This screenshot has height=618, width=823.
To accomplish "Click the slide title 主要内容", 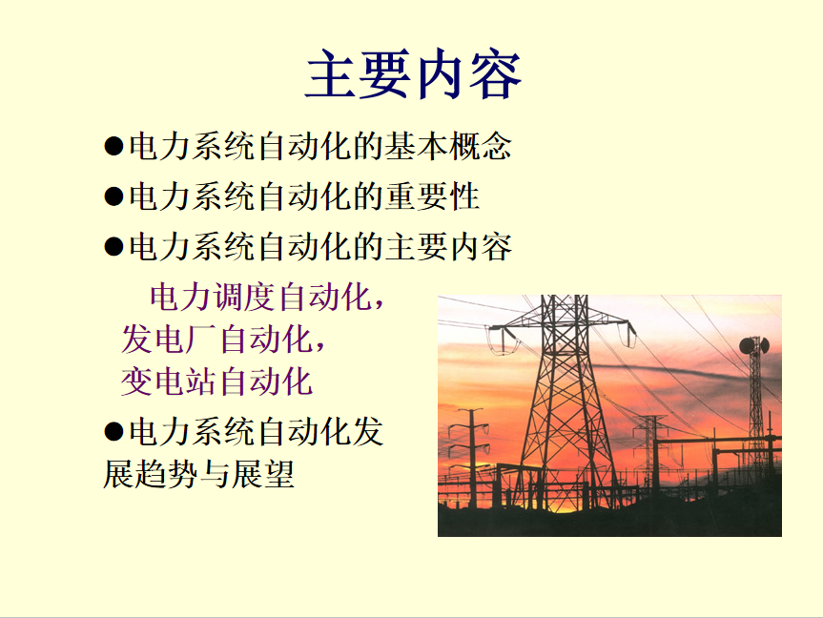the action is point(413,74).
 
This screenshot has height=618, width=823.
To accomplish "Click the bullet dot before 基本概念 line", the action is point(113,146).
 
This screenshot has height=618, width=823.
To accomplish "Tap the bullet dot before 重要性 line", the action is point(113,196).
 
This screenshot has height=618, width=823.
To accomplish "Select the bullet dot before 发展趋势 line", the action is point(113,432).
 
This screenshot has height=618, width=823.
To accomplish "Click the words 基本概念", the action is point(448,146).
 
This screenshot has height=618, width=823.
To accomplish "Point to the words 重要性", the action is point(433,196).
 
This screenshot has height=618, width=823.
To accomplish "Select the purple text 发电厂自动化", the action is point(216,340).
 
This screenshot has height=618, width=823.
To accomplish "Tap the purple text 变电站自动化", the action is point(216,381).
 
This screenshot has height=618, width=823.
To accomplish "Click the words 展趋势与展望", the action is point(198,474).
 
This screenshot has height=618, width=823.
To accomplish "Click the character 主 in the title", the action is point(332,74).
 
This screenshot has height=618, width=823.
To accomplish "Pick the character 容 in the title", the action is point(495,74).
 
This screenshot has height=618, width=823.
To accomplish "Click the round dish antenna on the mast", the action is point(753,345).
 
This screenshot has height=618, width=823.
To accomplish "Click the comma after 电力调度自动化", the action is point(379,304).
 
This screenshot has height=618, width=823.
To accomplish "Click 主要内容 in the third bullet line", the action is point(448,247).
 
